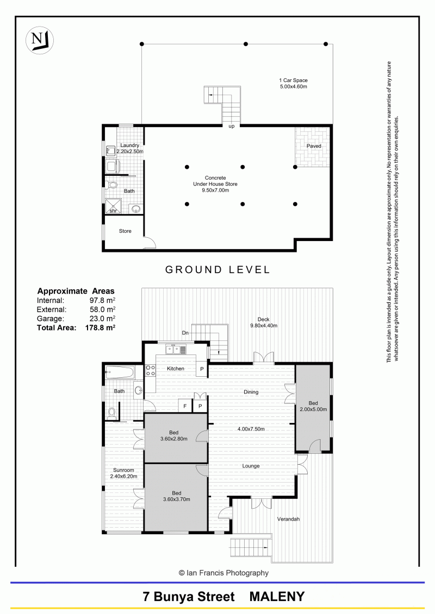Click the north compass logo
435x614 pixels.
coord(40,40)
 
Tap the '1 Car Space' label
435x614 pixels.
coord(294,80)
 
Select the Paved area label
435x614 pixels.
coord(314,146)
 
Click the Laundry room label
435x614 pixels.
coord(130,145)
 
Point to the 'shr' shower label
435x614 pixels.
coord(113,211)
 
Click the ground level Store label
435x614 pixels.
coord(125,231)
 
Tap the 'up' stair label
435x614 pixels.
coord(232,126)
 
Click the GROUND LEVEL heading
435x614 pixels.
coord(217,269)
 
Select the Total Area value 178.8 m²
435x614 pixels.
coord(100,328)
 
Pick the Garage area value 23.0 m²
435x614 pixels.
coord(102,319)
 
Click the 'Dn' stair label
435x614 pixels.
coord(185,333)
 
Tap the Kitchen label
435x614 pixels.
coord(175,369)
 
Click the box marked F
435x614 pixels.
coord(185,406)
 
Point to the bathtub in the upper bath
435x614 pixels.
coord(120,372)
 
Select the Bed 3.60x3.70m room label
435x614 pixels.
coord(177,496)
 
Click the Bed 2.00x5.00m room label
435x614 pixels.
coord(313,406)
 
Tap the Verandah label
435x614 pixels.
coord(288,519)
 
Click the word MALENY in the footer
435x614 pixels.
coord(277,597)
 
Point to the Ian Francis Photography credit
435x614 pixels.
coord(223,573)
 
